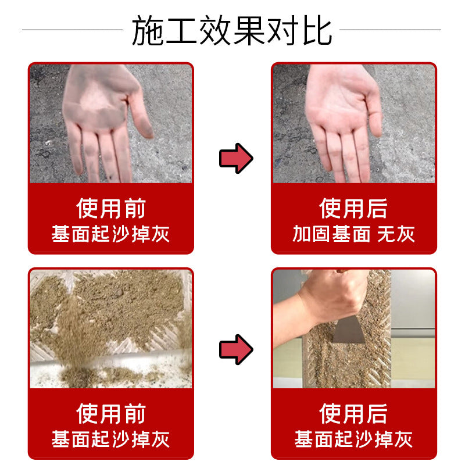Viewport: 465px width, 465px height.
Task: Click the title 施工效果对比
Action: click(231, 30)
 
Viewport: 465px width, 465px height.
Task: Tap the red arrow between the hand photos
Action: click(236, 158)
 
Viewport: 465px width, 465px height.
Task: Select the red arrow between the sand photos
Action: click(236, 350)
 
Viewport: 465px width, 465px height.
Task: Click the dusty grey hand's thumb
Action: click(141, 116)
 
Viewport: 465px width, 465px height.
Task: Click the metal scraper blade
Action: click(348, 329)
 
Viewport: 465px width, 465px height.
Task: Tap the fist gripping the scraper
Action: click(335, 296)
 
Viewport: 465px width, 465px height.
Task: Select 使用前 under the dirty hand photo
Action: click(111, 209)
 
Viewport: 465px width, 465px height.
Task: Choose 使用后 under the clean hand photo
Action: click(353, 209)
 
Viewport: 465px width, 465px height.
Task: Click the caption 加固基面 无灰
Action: click(353, 234)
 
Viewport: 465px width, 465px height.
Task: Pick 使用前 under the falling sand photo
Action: click(111, 414)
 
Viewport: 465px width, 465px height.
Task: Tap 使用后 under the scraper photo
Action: click(353, 414)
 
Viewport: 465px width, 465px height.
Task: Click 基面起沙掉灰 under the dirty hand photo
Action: click(110, 234)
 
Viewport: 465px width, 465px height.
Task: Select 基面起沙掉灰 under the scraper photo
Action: click(353, 439)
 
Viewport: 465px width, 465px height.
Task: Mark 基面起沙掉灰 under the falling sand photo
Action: click(110, 439)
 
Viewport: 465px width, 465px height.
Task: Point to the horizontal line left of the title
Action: click(72, 30)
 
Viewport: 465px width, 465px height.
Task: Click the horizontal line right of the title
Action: click(390, 30)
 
